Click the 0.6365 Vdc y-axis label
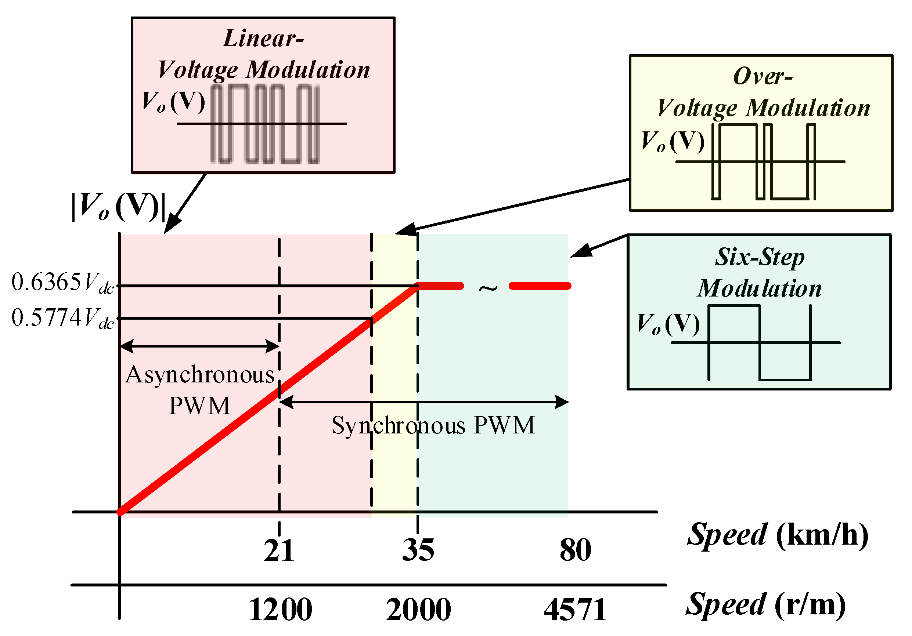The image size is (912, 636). [62, 283]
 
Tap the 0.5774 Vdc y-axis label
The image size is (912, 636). [62, 319]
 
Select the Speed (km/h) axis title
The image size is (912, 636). [777, 535]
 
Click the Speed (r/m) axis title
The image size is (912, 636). [765, 605]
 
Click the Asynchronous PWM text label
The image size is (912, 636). [200, 390]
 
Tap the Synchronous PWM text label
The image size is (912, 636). [433, 426]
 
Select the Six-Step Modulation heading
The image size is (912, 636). [760, 272]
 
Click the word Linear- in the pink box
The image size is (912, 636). [263, 39]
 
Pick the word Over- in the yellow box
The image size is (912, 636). [763, 76]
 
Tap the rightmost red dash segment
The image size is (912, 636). [540, 286]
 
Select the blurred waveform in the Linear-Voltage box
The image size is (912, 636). [264, 124]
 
